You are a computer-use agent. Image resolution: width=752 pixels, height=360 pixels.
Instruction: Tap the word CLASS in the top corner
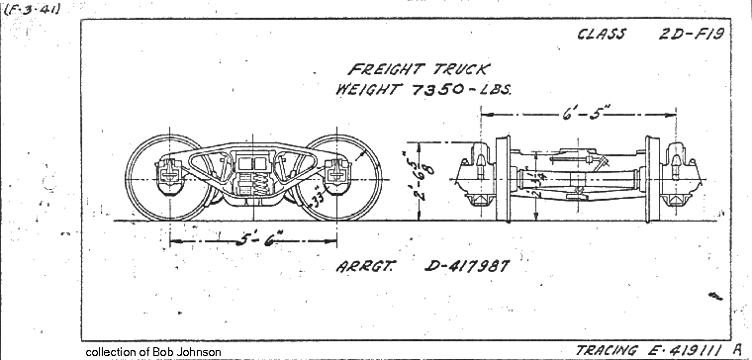[602, 34]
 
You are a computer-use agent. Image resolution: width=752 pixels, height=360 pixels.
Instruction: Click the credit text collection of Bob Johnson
[153, 352]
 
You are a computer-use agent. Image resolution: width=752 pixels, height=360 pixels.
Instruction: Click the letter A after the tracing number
[737, 349]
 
